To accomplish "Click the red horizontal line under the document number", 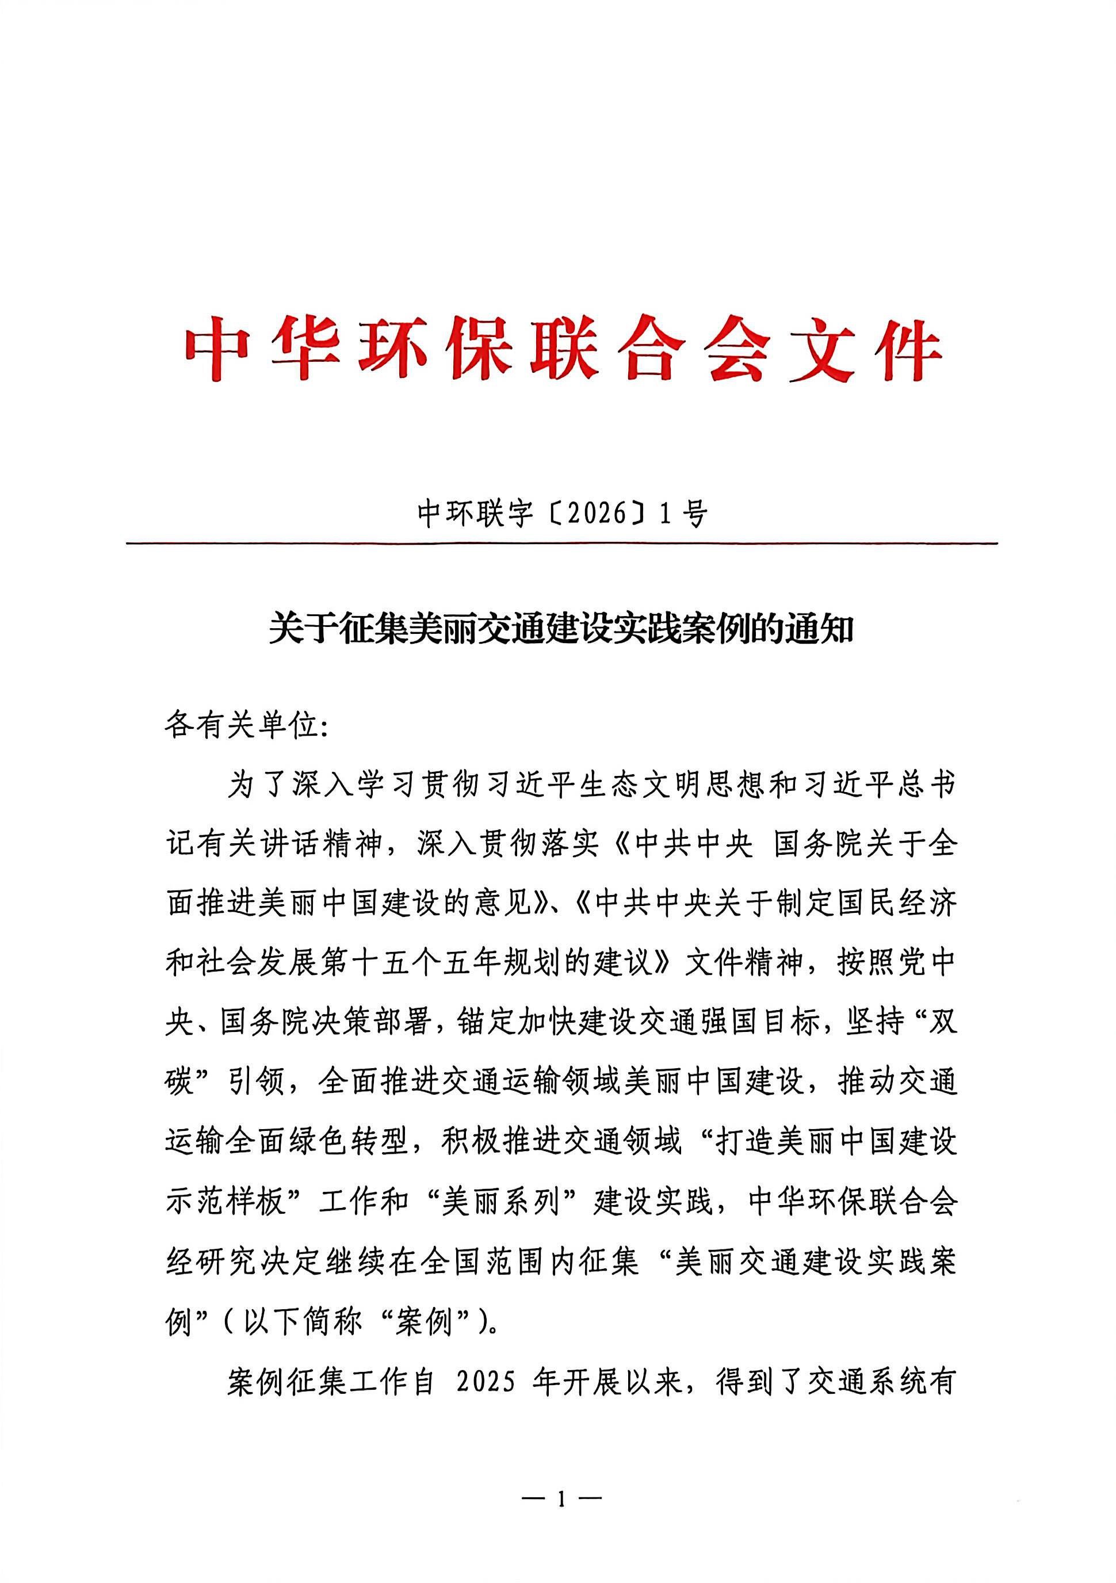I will coord(561,544).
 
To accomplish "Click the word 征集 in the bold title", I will coord(372,629).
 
